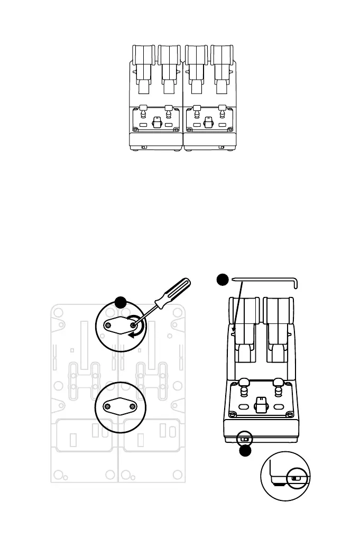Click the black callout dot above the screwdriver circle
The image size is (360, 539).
click(x=121, y=302)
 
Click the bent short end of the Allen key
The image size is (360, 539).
click(x=297, y=284)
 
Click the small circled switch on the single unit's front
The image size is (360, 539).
click(x=244, y=438)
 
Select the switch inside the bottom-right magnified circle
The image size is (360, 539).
click(x=294, y=479)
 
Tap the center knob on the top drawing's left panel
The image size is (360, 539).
click(x=156, y=122)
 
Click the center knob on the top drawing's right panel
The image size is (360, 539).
click(x=209, y=122)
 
